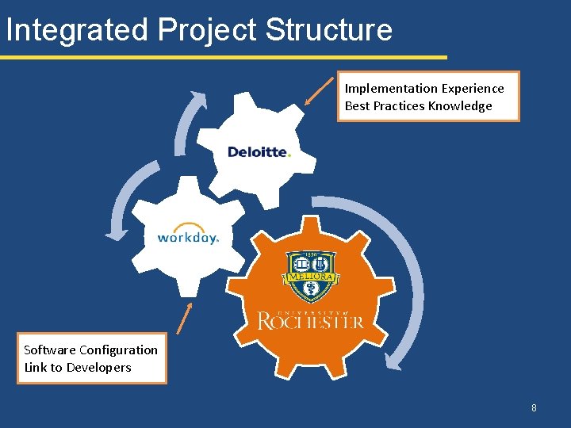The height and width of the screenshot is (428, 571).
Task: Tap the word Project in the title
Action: coord(207,30)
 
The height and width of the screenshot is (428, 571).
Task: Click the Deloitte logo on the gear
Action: coord(259,152)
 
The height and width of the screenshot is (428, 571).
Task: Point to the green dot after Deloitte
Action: coord(289,155)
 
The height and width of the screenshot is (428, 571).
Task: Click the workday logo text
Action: coord(188,237)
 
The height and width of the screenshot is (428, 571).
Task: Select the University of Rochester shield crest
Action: coord(310,274)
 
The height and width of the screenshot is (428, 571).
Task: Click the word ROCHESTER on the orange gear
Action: coord(311,321)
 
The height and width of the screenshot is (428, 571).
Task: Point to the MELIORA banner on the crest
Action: coord(310,277)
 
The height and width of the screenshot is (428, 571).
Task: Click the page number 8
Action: coord(534,408)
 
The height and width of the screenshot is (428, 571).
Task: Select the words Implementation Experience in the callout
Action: coord(423,89)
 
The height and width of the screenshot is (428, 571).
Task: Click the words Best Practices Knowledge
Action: coord(418,106)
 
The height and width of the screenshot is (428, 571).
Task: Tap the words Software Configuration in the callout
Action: coord(90,350)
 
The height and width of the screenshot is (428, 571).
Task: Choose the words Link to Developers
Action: coord(77,367)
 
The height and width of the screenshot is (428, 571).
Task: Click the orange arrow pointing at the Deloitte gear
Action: coord(320,90)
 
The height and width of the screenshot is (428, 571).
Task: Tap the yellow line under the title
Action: coord(222,57)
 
